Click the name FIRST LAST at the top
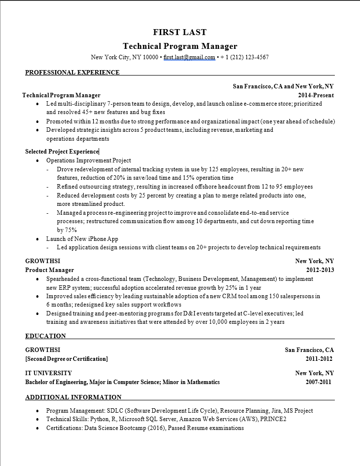click(180, 33)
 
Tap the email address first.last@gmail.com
click(189, 57)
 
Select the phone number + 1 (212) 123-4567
click(245, 57)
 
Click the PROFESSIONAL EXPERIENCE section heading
click(72, 73)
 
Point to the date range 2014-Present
click(316, 95)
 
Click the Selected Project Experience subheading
click(62, 152)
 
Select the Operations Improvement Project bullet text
click(89, 160)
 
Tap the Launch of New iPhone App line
click(82, 238)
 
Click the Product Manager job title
click(49, 270)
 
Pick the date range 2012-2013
click(320, 270)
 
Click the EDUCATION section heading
click(45, 336)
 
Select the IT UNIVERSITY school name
click(48, 373)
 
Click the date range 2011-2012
click(319, 359)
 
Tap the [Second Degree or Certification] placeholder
click(66, 359)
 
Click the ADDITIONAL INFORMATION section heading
click(73, 397)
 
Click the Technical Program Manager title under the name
click(180, 46)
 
